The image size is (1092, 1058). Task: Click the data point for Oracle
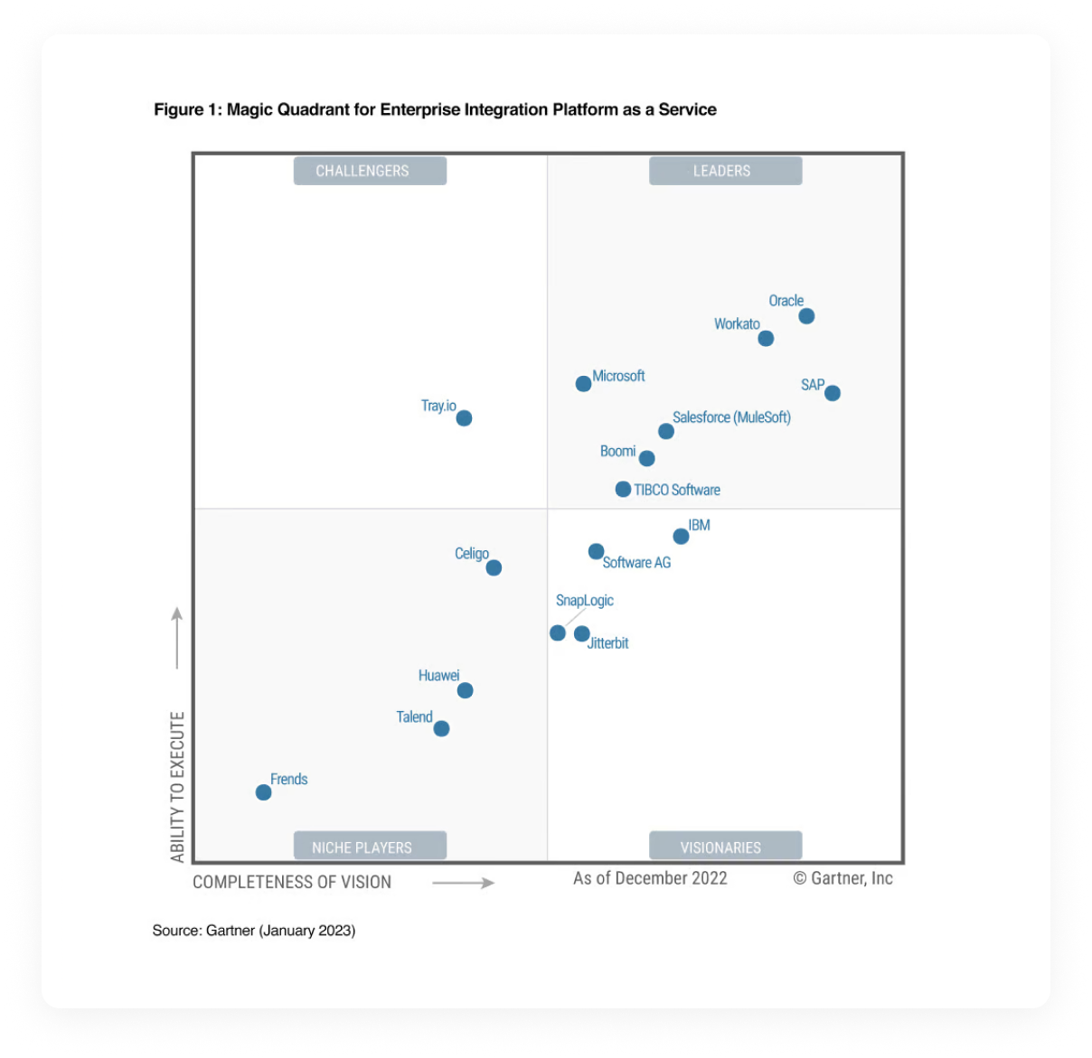[x=806, y=316]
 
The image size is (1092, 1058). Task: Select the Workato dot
[x=766, y=339]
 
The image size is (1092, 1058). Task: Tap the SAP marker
[x=833, y=393]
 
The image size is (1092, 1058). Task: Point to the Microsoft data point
[x=584, y=384]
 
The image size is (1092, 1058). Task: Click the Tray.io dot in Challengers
[x=464, y=418]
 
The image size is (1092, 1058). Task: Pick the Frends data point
[x=263, y=792]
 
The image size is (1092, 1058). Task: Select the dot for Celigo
[x=494, y=568]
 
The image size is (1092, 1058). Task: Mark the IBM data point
[x=682, y=537]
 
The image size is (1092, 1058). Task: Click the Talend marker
[x=441, y=729]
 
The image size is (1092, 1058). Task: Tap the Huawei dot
[x=465, y=691]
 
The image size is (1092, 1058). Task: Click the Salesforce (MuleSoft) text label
[x=731, y=417]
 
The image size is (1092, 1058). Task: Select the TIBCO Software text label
[x=677, y=490]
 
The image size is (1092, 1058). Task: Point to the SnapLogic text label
[x=584, y=601]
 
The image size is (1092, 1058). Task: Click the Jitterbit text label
[x=608, y=643]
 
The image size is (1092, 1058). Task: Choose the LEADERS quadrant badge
[x=725, y=171]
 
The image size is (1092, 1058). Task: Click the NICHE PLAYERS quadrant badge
[x=370, y=847]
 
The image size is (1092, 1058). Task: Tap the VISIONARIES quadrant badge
[x=725, y=847]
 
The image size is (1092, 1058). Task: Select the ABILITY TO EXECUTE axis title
[x=177, y=786]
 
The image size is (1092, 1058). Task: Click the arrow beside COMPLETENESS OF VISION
[x=463, y=883]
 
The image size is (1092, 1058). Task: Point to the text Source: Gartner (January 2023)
[x=254, y=931]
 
